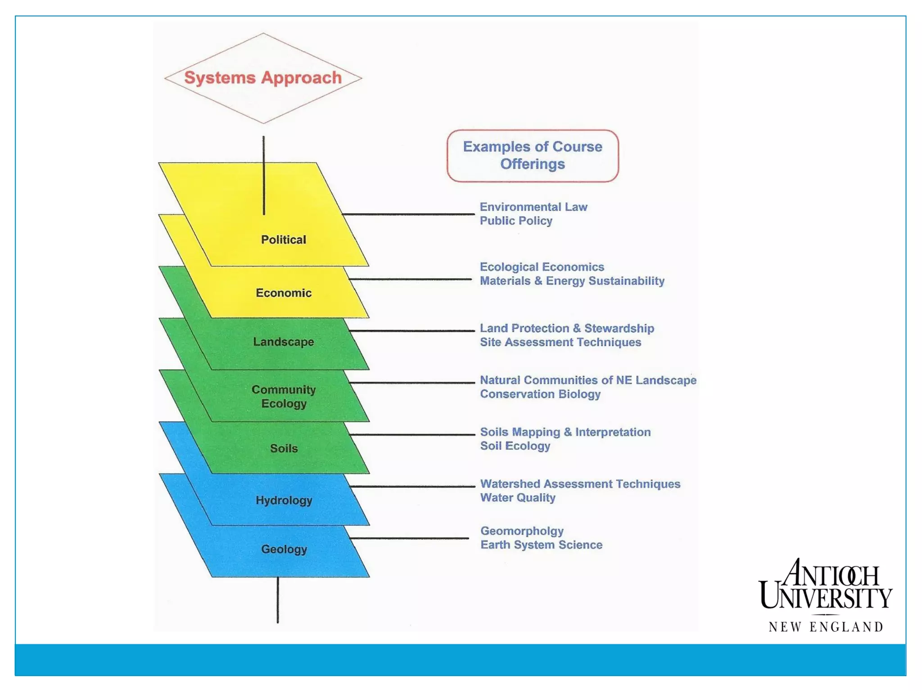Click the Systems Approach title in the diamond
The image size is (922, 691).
click(x=263, y=77)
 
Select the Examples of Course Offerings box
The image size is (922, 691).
click(x=533, y=156)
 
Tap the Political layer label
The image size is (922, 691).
click(x=284, y=239)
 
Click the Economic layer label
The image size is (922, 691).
click(x=284, y=293)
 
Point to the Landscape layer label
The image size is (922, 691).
click(x=284, y=342)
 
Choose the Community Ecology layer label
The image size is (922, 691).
click(x=284, y=396)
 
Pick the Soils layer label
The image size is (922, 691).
click(x=284, y=449)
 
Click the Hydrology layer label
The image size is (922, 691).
click(x=284, y=500)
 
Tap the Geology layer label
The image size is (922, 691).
click(x=284, y=549)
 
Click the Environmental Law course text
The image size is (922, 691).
click(x=533, y=207)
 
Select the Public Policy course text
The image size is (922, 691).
click(x=516, y=221)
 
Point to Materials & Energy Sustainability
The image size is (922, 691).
click(x=572, y=281)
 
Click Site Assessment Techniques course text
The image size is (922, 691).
click(x=560, y=342)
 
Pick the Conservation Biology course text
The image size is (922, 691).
click(x=540, y=394)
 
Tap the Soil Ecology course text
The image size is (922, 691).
click(x=515, y=446)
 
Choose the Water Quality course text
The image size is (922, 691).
click(x=518, y=498)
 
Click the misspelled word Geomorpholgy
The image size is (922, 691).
click(x=522, y=531)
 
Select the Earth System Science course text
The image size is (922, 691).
click(x=541, y=545)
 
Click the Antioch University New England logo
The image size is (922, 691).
click(x=826, y=595)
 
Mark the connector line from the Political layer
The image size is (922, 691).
click(x=407, y=214)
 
